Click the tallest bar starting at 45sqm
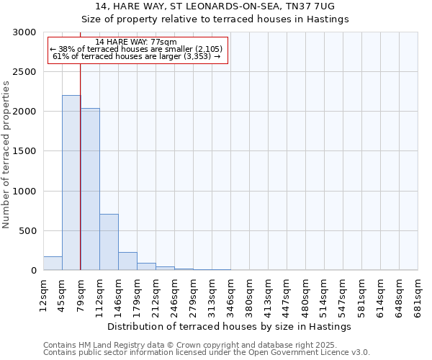click(71, 183)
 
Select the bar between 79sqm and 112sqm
click(90, 189)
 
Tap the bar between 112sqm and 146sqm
click(109, 242)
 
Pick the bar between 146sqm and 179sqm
click(127, 261)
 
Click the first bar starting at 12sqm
click(53, 264)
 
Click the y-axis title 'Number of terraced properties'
click(6, 154)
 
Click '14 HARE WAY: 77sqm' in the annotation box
click(135, 42)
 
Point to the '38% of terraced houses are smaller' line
click(136, 49)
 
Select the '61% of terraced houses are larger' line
click(136, 56)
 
